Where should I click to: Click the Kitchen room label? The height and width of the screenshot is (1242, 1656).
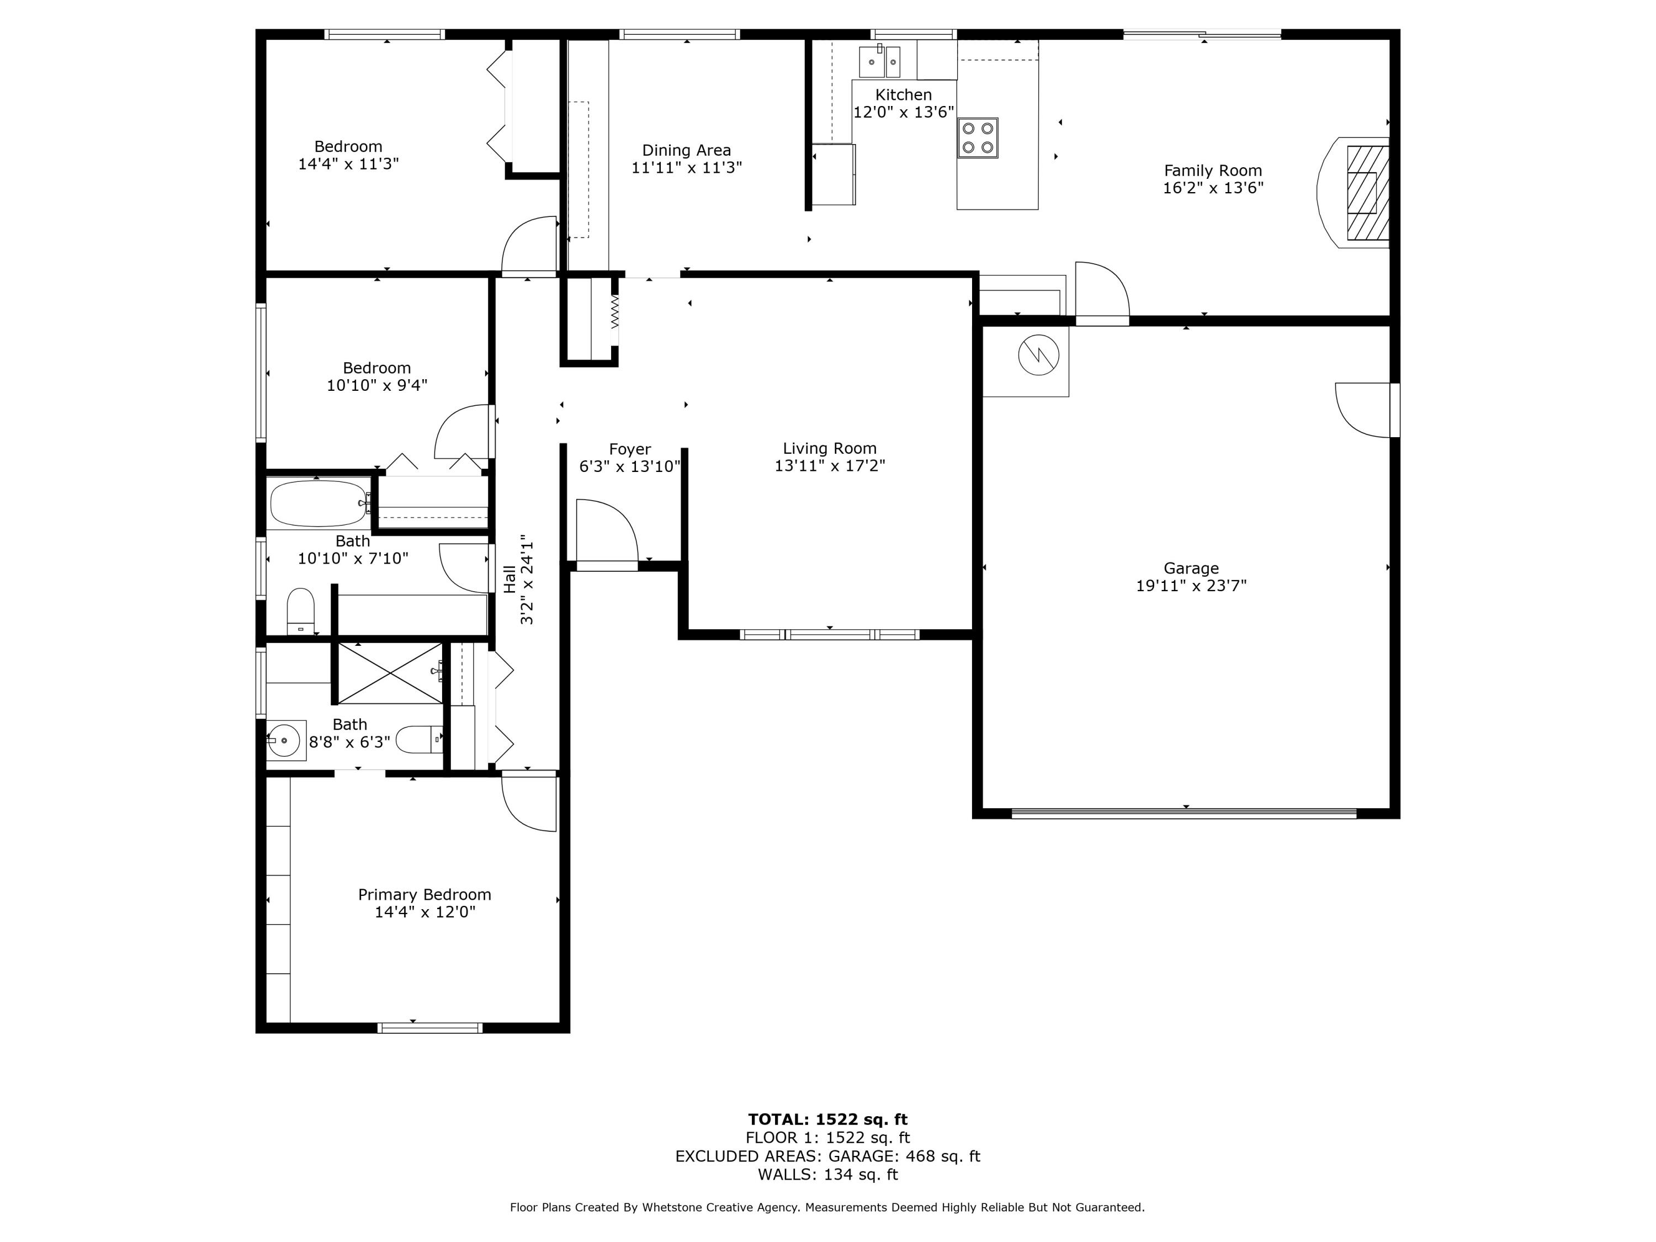pyautogui.click(x=903, y=95)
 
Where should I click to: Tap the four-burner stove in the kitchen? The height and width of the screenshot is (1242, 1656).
pyautogui.click(x=977, y=138)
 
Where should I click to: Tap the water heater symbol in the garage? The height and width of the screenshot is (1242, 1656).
pyautogui.click(x=1038, y=355)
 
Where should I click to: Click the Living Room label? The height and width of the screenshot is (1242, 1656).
pyautogui.click(x=830, y=448)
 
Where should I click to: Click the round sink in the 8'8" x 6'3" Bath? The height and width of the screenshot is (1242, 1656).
pyautogui.click(x=284, y=740)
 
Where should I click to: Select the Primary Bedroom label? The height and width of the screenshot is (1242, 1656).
pyautogui.click(x=424, y=895)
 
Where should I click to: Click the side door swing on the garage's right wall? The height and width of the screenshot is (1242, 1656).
pyautogui.click(x=1365, y=410)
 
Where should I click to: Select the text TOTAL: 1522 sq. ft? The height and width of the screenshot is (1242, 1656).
pyautogui.click(x=827, y=1119)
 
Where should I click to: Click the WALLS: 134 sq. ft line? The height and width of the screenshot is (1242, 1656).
pyautogui.click(x=827, y=1174)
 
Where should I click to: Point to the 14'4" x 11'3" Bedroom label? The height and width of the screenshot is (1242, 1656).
pyautogui.click(x=348, y=147)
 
